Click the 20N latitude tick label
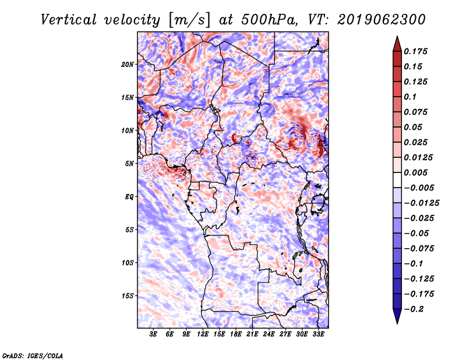tap(128, 65)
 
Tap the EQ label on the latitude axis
tap(129, 197)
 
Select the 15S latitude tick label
tap(128, 296)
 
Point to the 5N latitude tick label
tap(129, 164)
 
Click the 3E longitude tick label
tap(153, 334)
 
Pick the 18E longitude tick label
tap(236, 334)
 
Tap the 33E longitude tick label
tap(318, 334)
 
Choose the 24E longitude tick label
tap(269, 334)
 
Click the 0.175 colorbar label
tap(415, 51)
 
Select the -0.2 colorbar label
tap(414, 309)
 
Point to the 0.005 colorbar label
tap(415, 172)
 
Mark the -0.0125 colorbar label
tap(422, 203)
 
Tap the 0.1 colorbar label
tap(410, 97)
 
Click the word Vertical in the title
tap(69, 20)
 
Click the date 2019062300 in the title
tap(382, 20)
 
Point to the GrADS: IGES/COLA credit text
tap(33, 355)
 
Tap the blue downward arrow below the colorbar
tap(397, 316)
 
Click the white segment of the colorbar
tap(397, 180)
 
